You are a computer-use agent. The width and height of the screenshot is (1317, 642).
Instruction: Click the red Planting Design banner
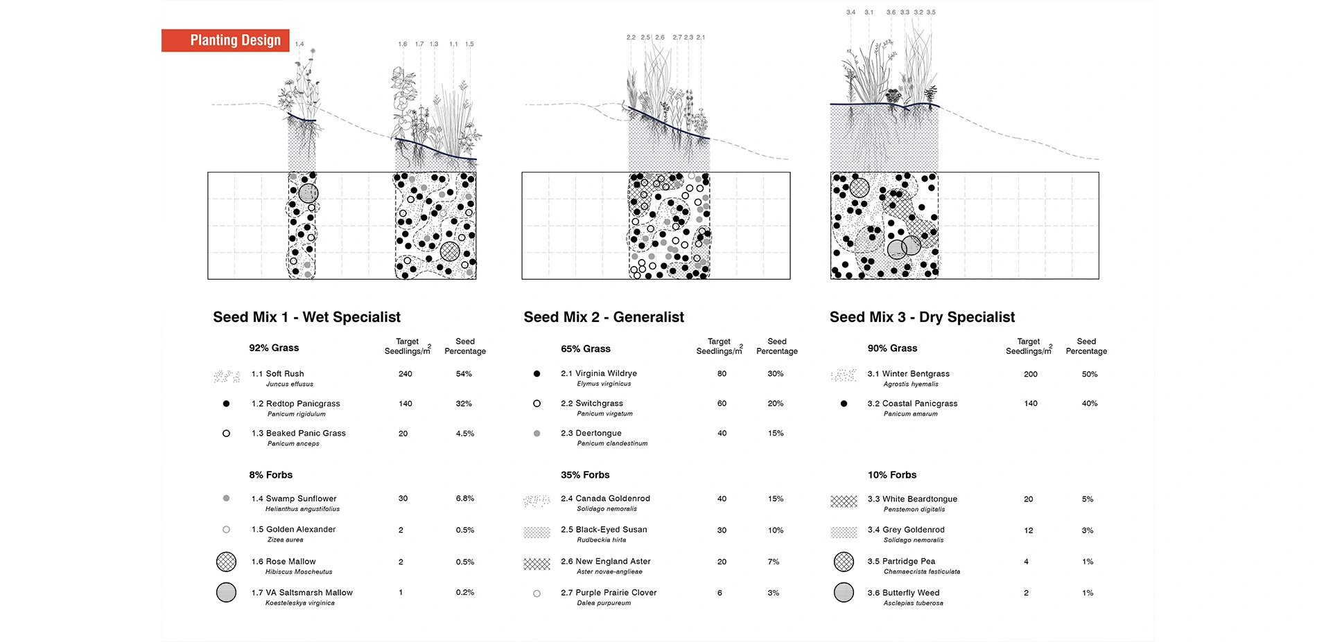[x=225, y=40]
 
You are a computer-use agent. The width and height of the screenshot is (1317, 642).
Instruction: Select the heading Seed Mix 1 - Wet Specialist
[x=306, y=317]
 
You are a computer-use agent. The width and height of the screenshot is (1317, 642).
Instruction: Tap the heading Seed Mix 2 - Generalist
[x=603, y=317]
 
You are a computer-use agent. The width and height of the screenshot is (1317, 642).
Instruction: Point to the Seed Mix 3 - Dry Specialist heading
[x=922, y=317]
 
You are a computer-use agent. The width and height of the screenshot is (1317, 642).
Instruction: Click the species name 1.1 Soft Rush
[x=277, y=374]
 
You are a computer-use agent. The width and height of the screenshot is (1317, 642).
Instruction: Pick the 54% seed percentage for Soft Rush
[x=464, y=374]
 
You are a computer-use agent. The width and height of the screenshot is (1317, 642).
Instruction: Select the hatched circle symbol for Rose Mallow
[x=226, y=562]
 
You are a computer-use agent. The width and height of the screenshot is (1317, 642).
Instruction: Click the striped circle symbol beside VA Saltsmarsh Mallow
[x=226, y=593]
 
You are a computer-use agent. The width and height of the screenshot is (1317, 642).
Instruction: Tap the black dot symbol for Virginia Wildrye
[x=537, y=374]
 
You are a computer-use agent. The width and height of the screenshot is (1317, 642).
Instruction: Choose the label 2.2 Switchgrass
[x=591, y=403]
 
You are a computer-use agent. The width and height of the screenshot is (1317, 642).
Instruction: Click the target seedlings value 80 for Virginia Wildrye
[x=722, y=374]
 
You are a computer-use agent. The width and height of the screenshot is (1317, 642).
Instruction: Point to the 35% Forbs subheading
[x=585, y=475]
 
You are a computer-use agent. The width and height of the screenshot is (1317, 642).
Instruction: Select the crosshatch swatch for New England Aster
[x=537, y=563]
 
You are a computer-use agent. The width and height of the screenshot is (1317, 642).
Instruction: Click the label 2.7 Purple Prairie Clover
[x=609, y=593]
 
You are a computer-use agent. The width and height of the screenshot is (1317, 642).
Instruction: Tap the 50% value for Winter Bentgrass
[x=1090, y=375]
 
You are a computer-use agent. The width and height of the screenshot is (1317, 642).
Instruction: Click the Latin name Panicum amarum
[x=910, y=414]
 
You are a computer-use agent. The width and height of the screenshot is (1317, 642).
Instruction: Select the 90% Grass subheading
[x=892, y=348]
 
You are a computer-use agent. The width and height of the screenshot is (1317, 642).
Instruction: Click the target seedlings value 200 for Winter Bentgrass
[x=1031, y=375]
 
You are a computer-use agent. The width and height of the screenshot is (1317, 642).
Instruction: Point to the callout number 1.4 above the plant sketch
[x=299, y=44]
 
